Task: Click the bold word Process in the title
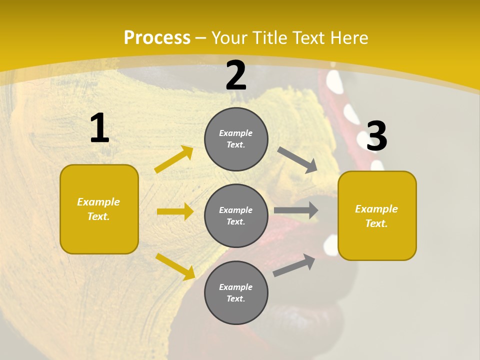(x=157, y=38)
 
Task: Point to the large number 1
(x=99, y=128)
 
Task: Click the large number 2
(x=236, y=76)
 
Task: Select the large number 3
(x=376, y=136)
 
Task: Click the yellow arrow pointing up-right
(x=174, y=159)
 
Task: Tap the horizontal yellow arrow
(x=175, y=211)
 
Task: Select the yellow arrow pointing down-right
(x=175, y=266)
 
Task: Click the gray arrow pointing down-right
(x=297, y=159)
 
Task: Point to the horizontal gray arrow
(x=296, y=210)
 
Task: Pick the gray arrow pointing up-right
(x=294, y=265)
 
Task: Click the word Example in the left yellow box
(x=98, y=202)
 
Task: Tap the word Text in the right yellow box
(x=376, y=223)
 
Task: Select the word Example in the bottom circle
(x=236, y=287)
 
